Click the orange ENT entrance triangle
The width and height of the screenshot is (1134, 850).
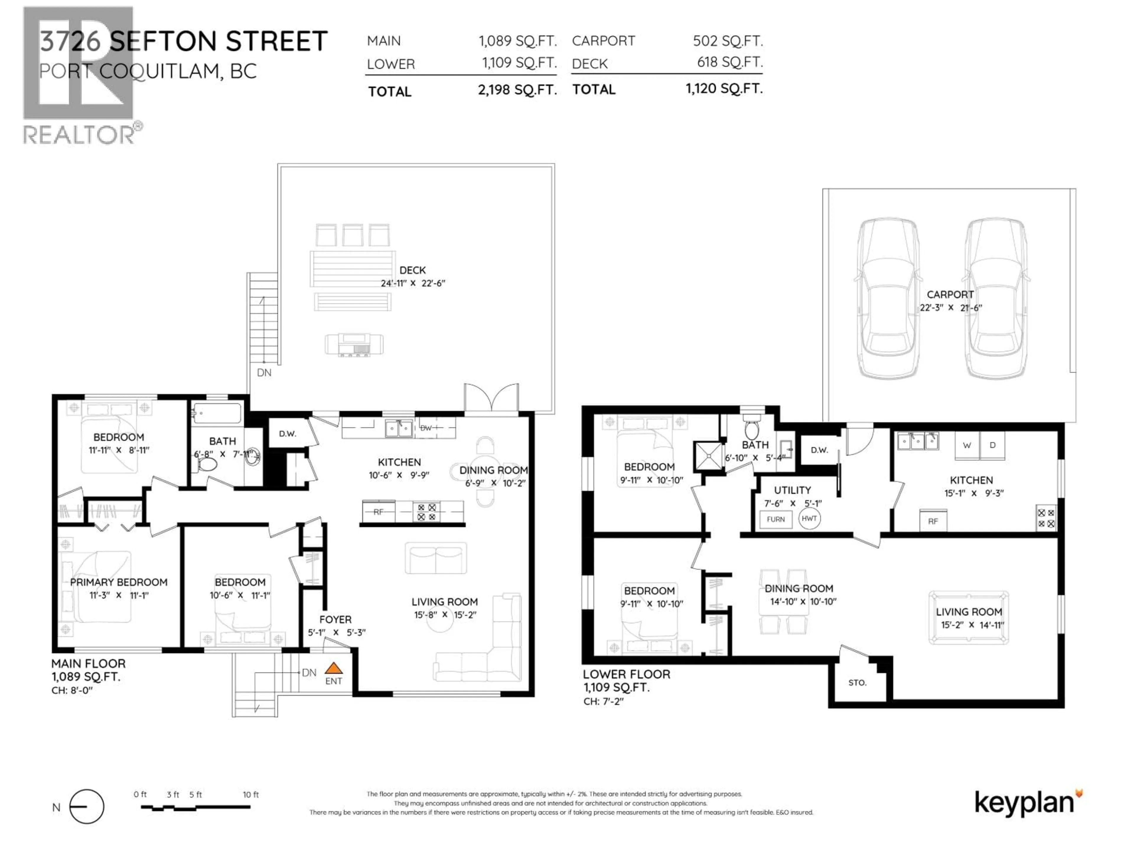click(334, 668)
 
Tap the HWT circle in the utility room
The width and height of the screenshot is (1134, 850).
click(809, 519)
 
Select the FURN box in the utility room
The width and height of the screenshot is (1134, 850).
click(776, 519)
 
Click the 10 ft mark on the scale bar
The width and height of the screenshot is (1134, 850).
click(250, 795)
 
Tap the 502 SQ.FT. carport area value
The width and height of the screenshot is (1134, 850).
click(727, 41)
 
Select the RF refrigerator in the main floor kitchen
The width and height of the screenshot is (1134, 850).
click(378, 512)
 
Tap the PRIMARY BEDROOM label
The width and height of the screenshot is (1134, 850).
click(118, 582)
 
